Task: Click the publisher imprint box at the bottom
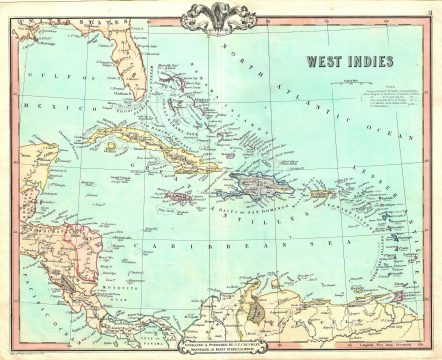coord(220,341)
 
